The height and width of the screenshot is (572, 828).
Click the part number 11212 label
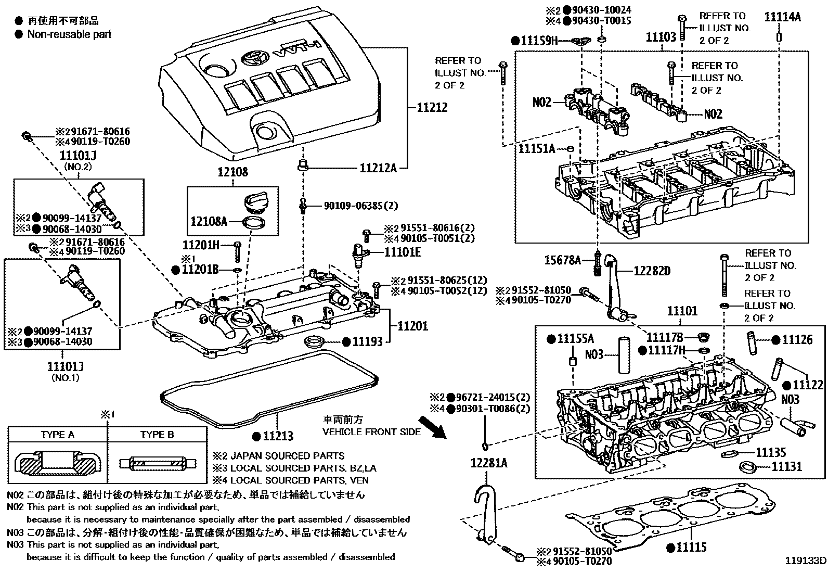(x=432, y=108)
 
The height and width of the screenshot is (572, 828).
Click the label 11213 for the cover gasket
(x=278, y=436)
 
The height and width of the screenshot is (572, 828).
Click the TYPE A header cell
(x=57, y=435)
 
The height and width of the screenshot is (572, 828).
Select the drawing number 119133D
(x=806, y=561)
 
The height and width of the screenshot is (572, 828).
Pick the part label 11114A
(x=782, y=17)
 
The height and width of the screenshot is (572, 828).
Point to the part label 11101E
(x=403, y=253)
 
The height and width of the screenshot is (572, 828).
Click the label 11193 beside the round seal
(x=367, y=341)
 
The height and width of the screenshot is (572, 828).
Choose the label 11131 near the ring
(x=786, y=466)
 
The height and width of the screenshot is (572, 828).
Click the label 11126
(x=797, y=340)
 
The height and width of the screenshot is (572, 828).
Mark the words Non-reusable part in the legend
(x=69, y=34)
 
